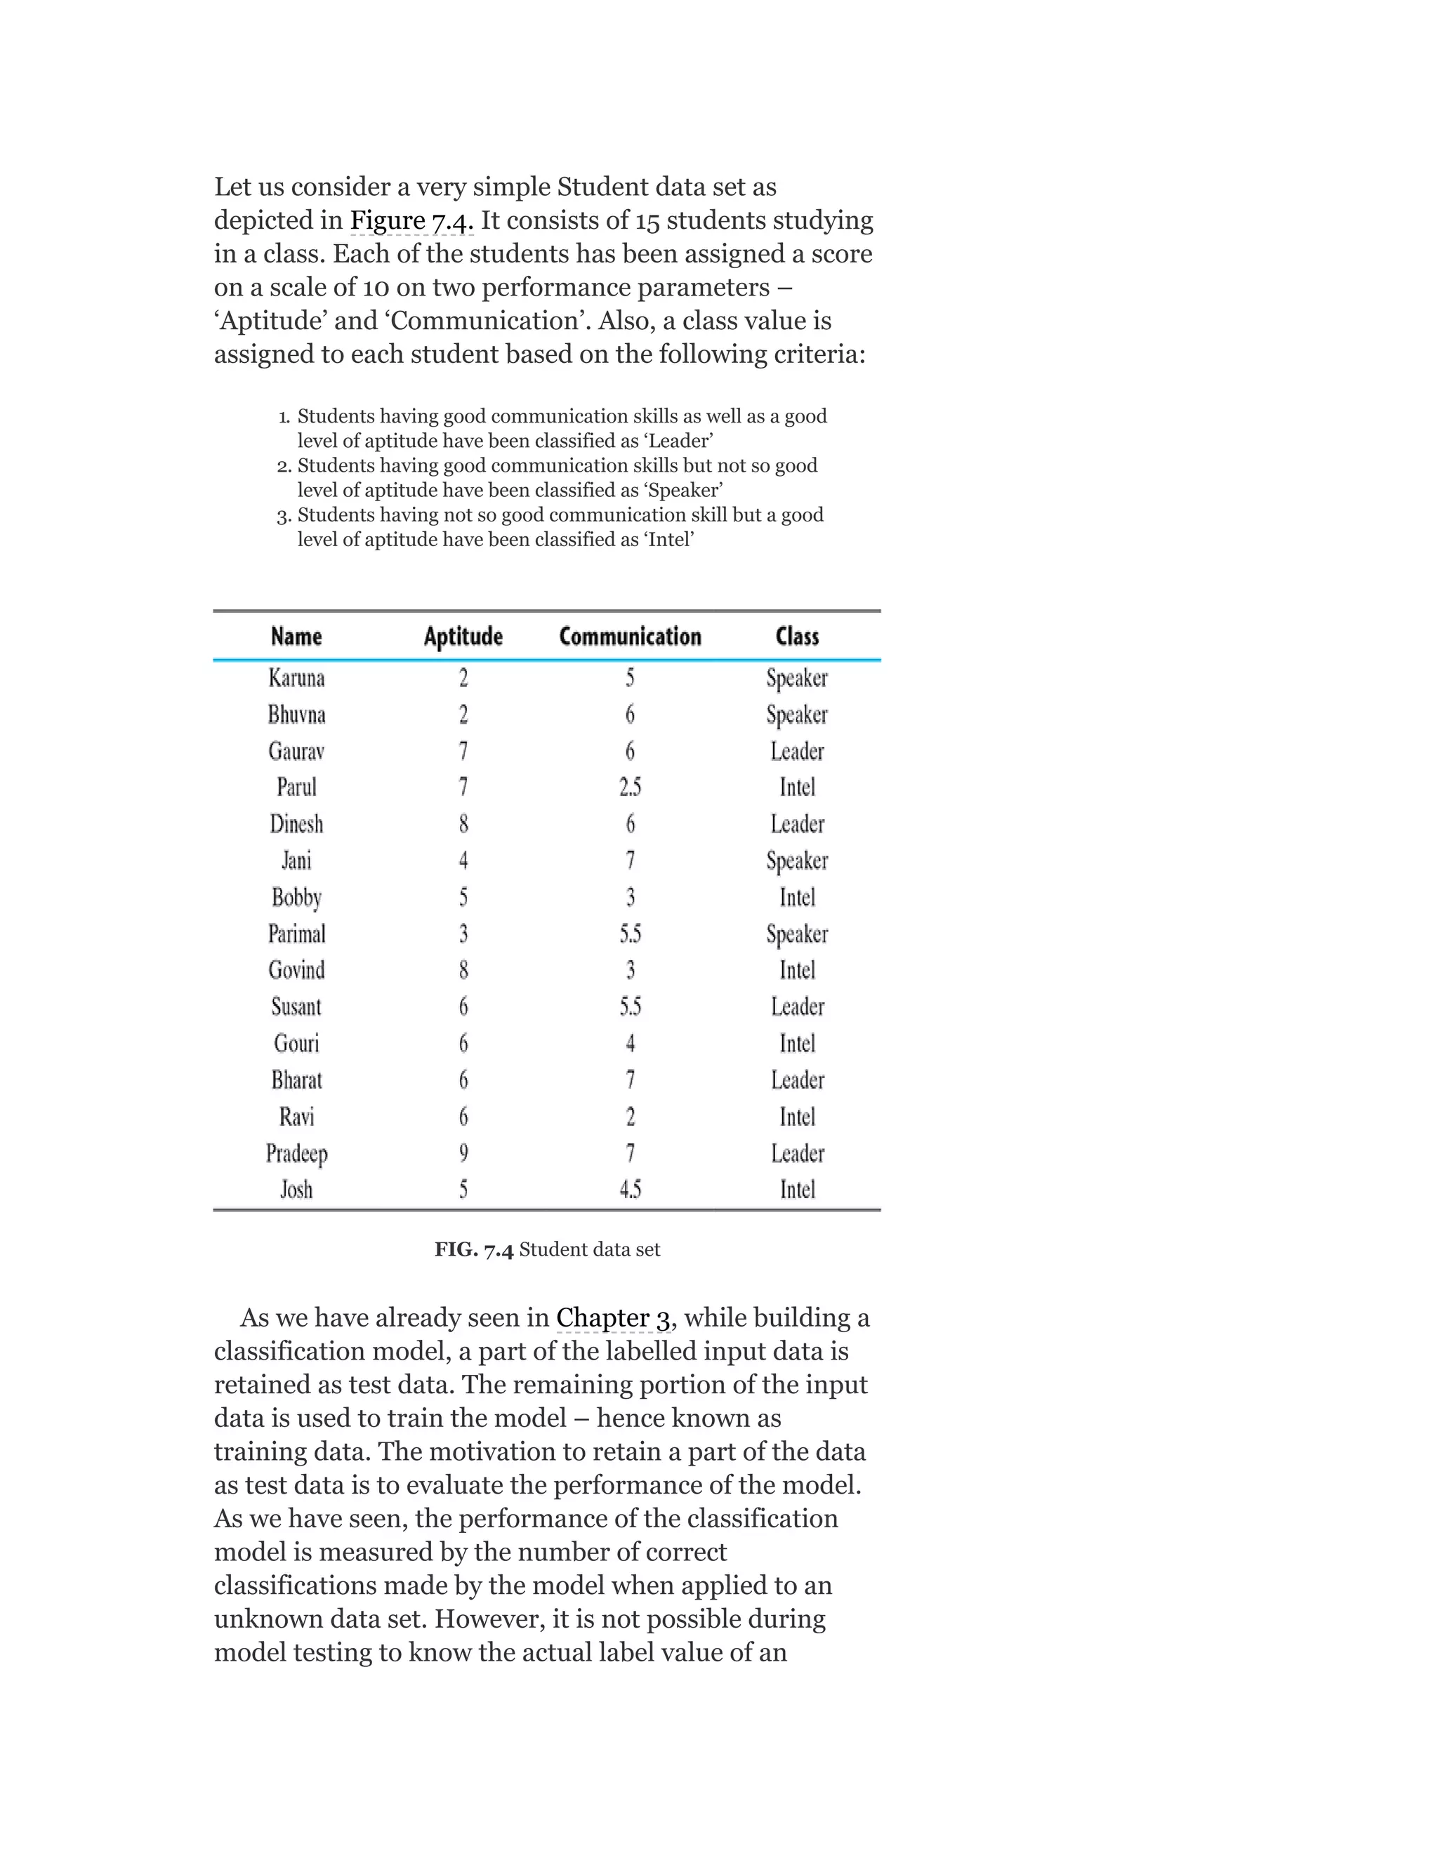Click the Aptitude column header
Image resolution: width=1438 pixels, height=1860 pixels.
click(x=463, y=637)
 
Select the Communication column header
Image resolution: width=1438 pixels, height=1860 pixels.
click(x=630, y=637)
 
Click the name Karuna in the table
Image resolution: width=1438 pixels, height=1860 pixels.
click(x=296, y=678)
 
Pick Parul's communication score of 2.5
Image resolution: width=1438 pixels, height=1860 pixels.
click(x=630, y=788)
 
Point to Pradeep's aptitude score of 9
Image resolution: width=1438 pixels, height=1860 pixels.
click(x=463, y=1153)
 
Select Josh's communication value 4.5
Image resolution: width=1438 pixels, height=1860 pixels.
click(x=630, y=1190)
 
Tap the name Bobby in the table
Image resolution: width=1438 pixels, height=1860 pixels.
click(x=296, y=898)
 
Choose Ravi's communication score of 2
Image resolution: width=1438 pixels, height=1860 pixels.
click(x=631, y=1117)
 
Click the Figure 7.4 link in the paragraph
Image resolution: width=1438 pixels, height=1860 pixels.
click(x=411, y=220)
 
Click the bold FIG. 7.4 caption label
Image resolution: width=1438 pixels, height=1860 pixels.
click(x=474, y=1249)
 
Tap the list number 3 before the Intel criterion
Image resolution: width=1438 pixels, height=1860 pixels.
click(x=284, y=515)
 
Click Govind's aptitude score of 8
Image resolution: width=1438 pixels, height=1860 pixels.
click(x=463, y=970)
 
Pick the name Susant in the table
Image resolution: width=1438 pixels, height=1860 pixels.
click(x=296, y=1007)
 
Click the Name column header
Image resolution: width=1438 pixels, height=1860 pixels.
click(x=296, y=637)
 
